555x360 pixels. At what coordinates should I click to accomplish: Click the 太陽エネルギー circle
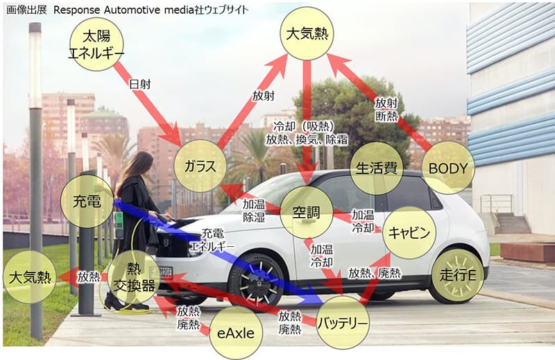96,44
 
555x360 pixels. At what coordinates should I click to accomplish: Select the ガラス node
200,166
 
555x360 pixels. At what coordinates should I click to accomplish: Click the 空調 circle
307,212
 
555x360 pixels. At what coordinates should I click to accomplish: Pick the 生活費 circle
376,168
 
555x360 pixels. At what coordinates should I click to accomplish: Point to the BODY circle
448,168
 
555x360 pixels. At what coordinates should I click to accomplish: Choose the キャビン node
409,232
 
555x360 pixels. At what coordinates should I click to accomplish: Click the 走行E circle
458,275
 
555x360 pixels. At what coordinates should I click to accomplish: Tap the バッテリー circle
343,323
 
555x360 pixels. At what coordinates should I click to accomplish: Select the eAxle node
236,333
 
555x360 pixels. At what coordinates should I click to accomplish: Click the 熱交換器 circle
134,277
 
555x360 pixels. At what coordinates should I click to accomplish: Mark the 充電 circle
87,201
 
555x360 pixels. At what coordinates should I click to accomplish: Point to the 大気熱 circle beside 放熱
30,277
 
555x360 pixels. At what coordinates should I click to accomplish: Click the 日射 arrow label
140,84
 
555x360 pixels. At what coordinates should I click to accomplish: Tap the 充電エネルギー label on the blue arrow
212,239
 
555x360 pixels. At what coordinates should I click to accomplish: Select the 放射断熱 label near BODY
386,110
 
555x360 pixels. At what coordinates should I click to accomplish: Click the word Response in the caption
77,10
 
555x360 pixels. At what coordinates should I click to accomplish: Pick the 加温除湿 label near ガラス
254,210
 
